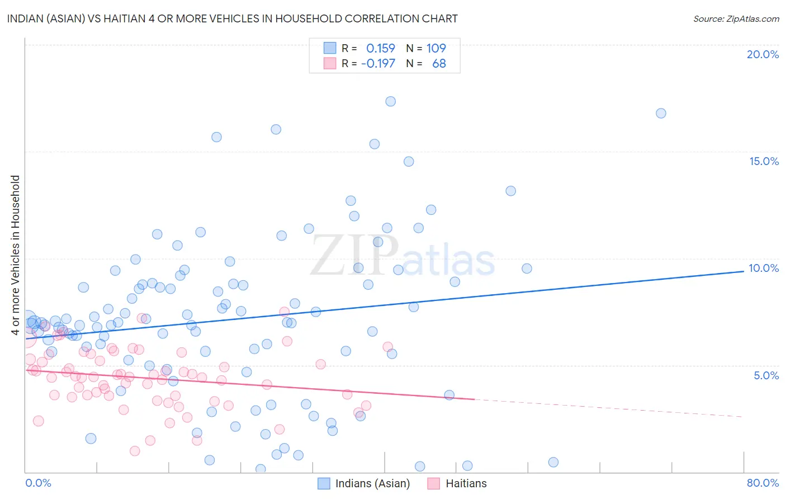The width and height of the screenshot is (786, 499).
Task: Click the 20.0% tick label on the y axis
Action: (763, 54)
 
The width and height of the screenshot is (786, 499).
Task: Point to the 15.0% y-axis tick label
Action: (764, 161)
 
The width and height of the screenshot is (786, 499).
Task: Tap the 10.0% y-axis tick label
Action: (764, 268)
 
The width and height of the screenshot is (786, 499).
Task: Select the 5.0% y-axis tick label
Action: (766, 375)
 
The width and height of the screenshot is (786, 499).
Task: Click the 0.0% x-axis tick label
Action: (38, 483)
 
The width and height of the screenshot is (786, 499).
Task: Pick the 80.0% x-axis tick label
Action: (763, 483)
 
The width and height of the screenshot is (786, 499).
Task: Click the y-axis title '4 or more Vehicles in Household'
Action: (16, 255)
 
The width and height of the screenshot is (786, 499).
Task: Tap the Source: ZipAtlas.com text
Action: (736, 18)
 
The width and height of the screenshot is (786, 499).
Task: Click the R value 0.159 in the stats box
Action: (380, 49)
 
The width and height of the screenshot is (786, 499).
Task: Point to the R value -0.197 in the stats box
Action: (378, 64)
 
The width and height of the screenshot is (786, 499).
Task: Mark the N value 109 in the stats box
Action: (436, 49)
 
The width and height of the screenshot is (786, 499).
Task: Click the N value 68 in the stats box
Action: (439, 64)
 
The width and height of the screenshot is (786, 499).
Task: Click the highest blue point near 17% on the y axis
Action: (391, 101)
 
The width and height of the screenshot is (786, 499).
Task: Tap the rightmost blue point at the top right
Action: (661, 113)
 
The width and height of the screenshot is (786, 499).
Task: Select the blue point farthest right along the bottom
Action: (553, 462)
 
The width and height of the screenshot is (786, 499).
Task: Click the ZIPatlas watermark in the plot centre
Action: (403, 256)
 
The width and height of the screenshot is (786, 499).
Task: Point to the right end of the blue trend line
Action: (743, 271)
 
